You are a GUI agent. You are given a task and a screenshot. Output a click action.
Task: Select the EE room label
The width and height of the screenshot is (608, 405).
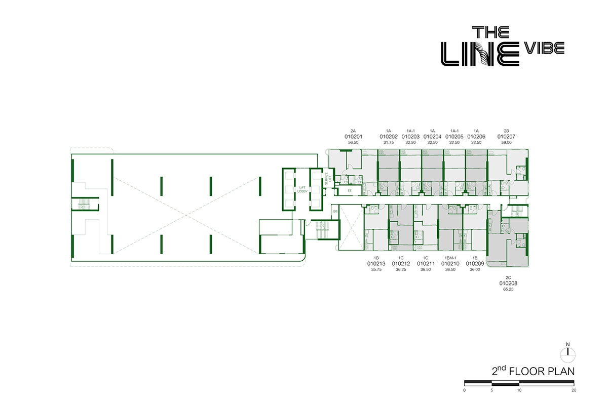pos(350,191)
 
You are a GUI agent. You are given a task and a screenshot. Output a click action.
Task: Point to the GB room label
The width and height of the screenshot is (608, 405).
pos(335,211)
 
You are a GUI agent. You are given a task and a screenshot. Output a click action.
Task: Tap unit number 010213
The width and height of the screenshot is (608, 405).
pos(376,263)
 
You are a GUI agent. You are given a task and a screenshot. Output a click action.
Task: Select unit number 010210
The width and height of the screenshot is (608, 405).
pos(450,263)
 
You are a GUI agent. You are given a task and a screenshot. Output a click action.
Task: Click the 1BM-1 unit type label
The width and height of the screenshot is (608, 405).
pos(450,257)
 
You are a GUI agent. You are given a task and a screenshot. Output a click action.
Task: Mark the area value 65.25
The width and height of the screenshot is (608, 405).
pos(508,291)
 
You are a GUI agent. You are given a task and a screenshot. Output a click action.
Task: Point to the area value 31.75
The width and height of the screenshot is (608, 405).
pos(389,143)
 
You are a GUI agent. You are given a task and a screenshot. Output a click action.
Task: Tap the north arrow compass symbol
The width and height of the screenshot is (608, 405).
pos(568,350)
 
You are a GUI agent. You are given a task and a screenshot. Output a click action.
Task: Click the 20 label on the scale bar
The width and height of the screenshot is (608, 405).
pos(573,390)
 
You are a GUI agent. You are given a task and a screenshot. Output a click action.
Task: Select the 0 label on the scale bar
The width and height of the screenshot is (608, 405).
pos(465,390)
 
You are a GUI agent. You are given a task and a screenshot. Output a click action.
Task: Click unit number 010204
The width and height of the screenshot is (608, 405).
pos(432,136)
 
